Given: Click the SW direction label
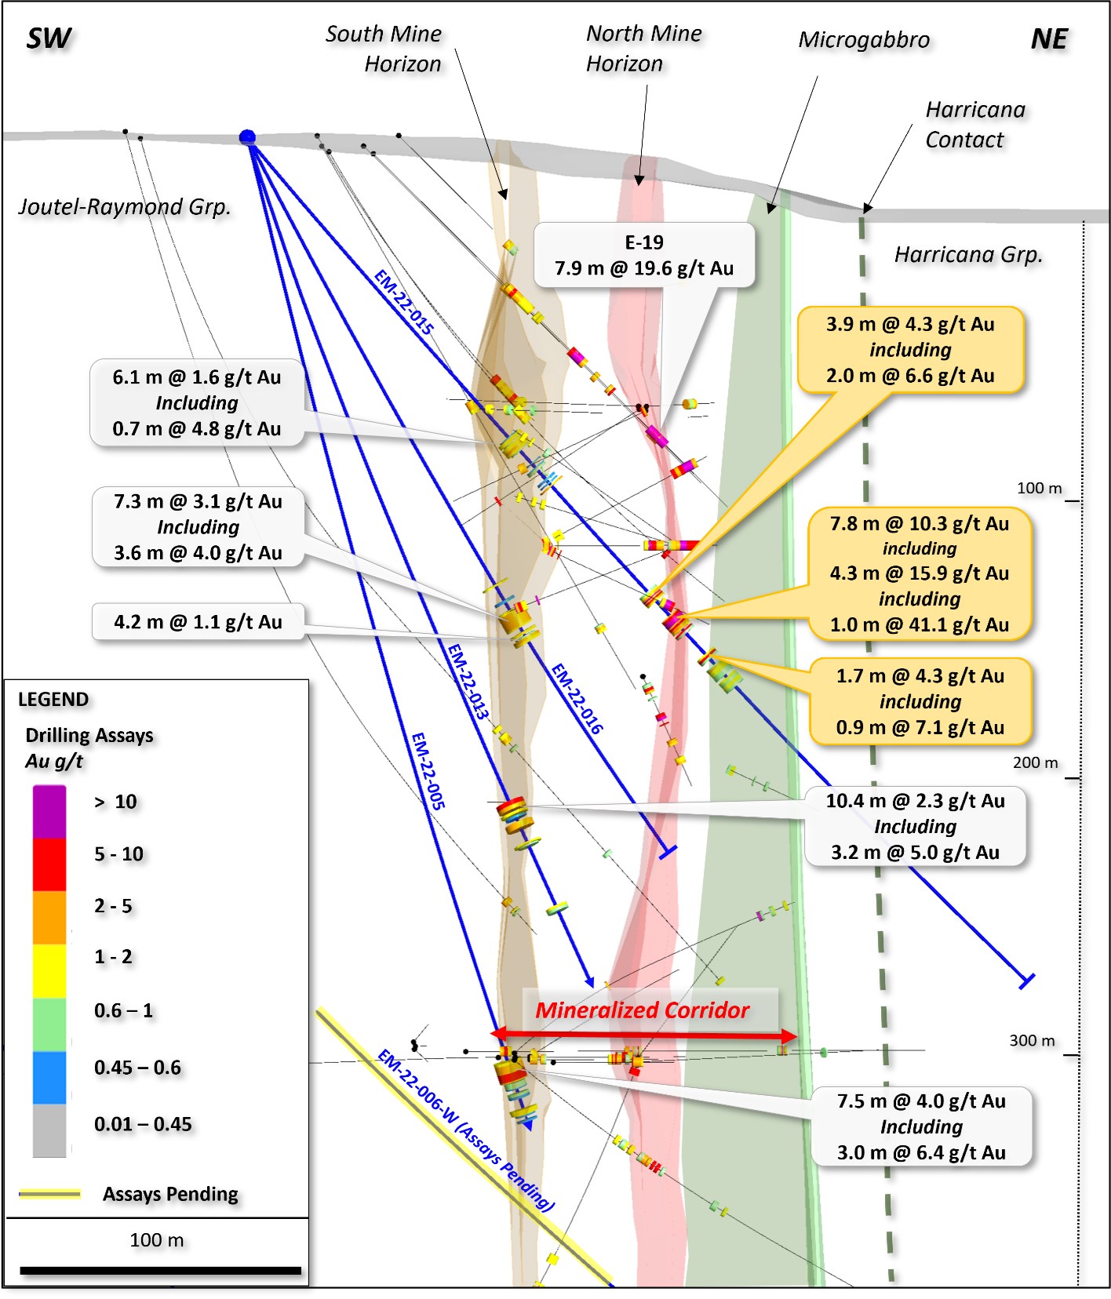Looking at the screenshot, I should pyautogui.click(x=49, y=38).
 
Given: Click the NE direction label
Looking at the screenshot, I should pyautogui.click(x=1049, y=39).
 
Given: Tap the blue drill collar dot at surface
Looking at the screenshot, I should pyautogui.click(x=247, y=138).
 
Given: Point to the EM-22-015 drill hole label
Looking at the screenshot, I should pyautogui.click(x=403, y=302).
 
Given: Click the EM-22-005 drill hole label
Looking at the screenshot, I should pyautogui.click(x=428, y=770).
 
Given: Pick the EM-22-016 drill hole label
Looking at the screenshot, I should pyautogui.click(x=577, y=698).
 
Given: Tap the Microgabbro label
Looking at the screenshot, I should pyautogui.click(x=863, y=40).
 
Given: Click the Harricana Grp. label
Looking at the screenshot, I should pyautogui.click(x=968, y=255).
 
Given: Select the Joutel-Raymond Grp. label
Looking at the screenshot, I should pyautogui.click(x=125, y=207).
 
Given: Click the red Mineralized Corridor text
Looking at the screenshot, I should pyautogui.click(x=642, y=1010).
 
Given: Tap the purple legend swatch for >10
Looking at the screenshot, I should pyautogui.click(x=49, y=812).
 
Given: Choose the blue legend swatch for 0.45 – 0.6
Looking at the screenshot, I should pyautogui.click(x=49, y=1077).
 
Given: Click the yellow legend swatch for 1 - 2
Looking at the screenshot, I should pyautogui.click(x=49, y=970).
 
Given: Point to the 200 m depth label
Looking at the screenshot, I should pyautogui.click(x=1035, y=762).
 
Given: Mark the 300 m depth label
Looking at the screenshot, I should pyautogui.click(x=1032, y=1040).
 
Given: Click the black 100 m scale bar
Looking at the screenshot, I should pyautogui.click(x=160, y=1270).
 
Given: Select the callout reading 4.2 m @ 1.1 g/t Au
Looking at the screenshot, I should pyautogui.click(x=198, y=622).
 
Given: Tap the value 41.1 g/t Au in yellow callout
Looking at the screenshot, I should pyautogui.click(x=957, y=625).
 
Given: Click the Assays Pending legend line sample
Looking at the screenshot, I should pyautogui.click(x=49, y=1194).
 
